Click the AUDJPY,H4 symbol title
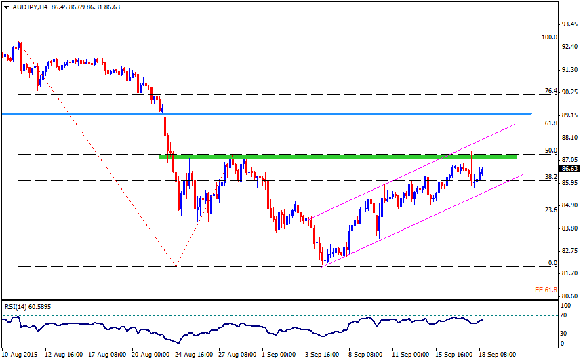30,7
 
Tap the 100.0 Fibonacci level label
549,37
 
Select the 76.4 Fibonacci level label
551,91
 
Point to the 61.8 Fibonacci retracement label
551,123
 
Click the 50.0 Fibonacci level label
551,151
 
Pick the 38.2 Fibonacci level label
551,177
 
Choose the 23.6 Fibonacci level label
551,210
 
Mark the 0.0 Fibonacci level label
552,263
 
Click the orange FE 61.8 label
546,290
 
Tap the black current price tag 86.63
569,169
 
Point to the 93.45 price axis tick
569,24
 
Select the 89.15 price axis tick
569,115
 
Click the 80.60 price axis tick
569,296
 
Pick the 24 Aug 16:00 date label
195,355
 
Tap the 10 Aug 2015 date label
20,355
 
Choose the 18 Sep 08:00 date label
498,355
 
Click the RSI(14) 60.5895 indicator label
28,306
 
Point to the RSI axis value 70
563,316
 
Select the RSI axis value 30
563,334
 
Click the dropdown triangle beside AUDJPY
6,7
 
